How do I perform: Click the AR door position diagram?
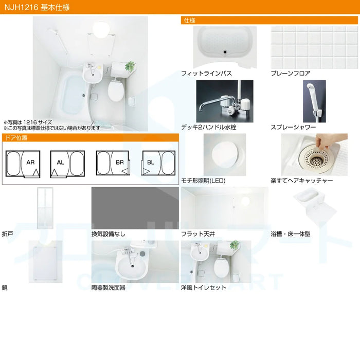click(23, 164)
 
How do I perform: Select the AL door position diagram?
click(67, 164)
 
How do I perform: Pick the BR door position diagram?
click(113, 163)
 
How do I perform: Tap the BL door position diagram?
click(158, 163)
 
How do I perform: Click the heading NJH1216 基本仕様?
click(37, 7)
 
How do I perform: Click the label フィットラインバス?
click(206, 74)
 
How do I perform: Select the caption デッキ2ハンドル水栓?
click(209, 127)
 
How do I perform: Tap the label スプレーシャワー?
click(293, 127)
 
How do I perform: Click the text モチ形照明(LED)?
click(203, 181)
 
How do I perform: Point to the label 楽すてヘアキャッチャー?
click(302, 181)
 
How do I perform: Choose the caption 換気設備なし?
click(109, 234)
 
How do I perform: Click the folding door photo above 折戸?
click(45, 208)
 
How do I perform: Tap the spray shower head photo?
click(314, 101)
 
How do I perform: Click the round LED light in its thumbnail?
click(225, 154)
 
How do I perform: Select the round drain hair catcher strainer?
click(316, 158)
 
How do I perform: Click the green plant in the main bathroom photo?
click(130, 66)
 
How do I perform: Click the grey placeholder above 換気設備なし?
click(135, 208)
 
